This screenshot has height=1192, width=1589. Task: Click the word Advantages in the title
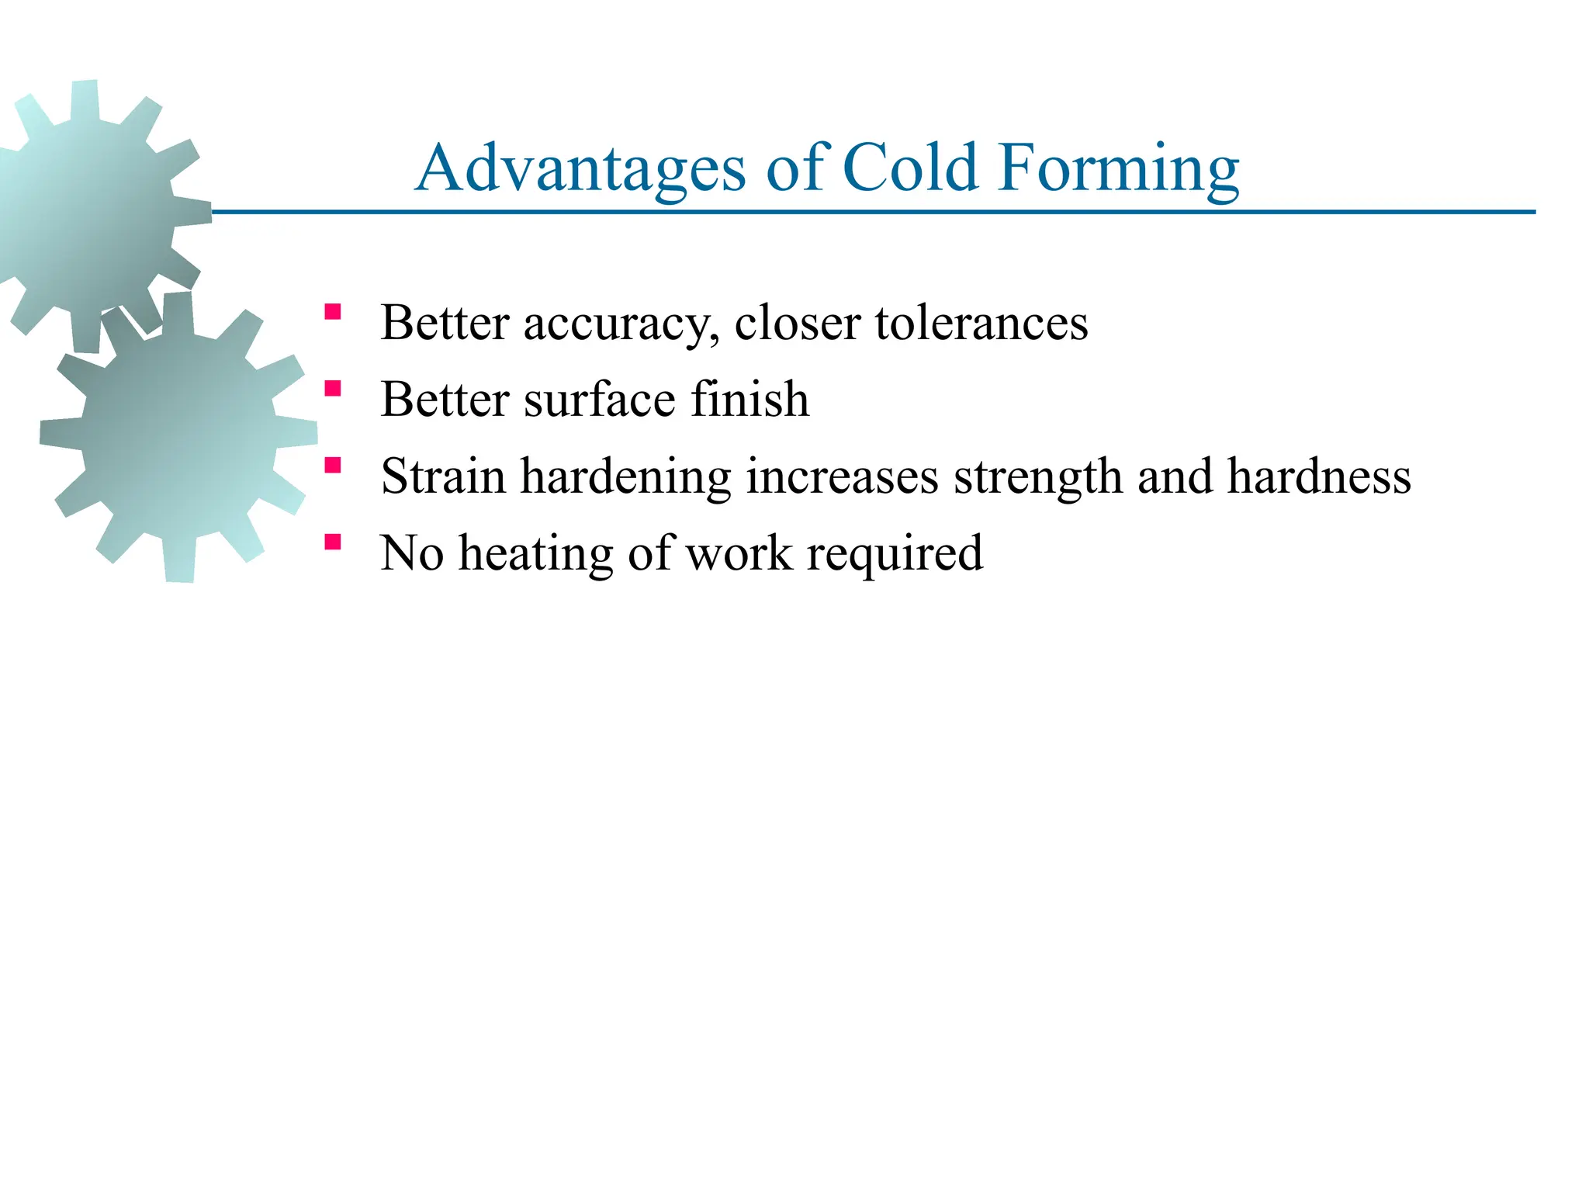click(580, 168)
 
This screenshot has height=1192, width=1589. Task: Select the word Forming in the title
click(1118, 168)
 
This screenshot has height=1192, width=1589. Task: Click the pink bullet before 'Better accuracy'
click(333, 313)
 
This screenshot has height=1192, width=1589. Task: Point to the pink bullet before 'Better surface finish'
click(333, 389)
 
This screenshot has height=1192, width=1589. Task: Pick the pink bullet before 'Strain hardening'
click(333, 466)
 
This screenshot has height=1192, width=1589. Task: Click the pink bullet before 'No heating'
click(333, 542)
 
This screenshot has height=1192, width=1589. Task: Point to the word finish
click(749, 399)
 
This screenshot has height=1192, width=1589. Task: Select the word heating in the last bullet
click(535, 553)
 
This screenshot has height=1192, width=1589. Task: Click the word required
click(895, 554)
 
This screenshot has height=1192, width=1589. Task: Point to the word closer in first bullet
click(798, 323)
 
